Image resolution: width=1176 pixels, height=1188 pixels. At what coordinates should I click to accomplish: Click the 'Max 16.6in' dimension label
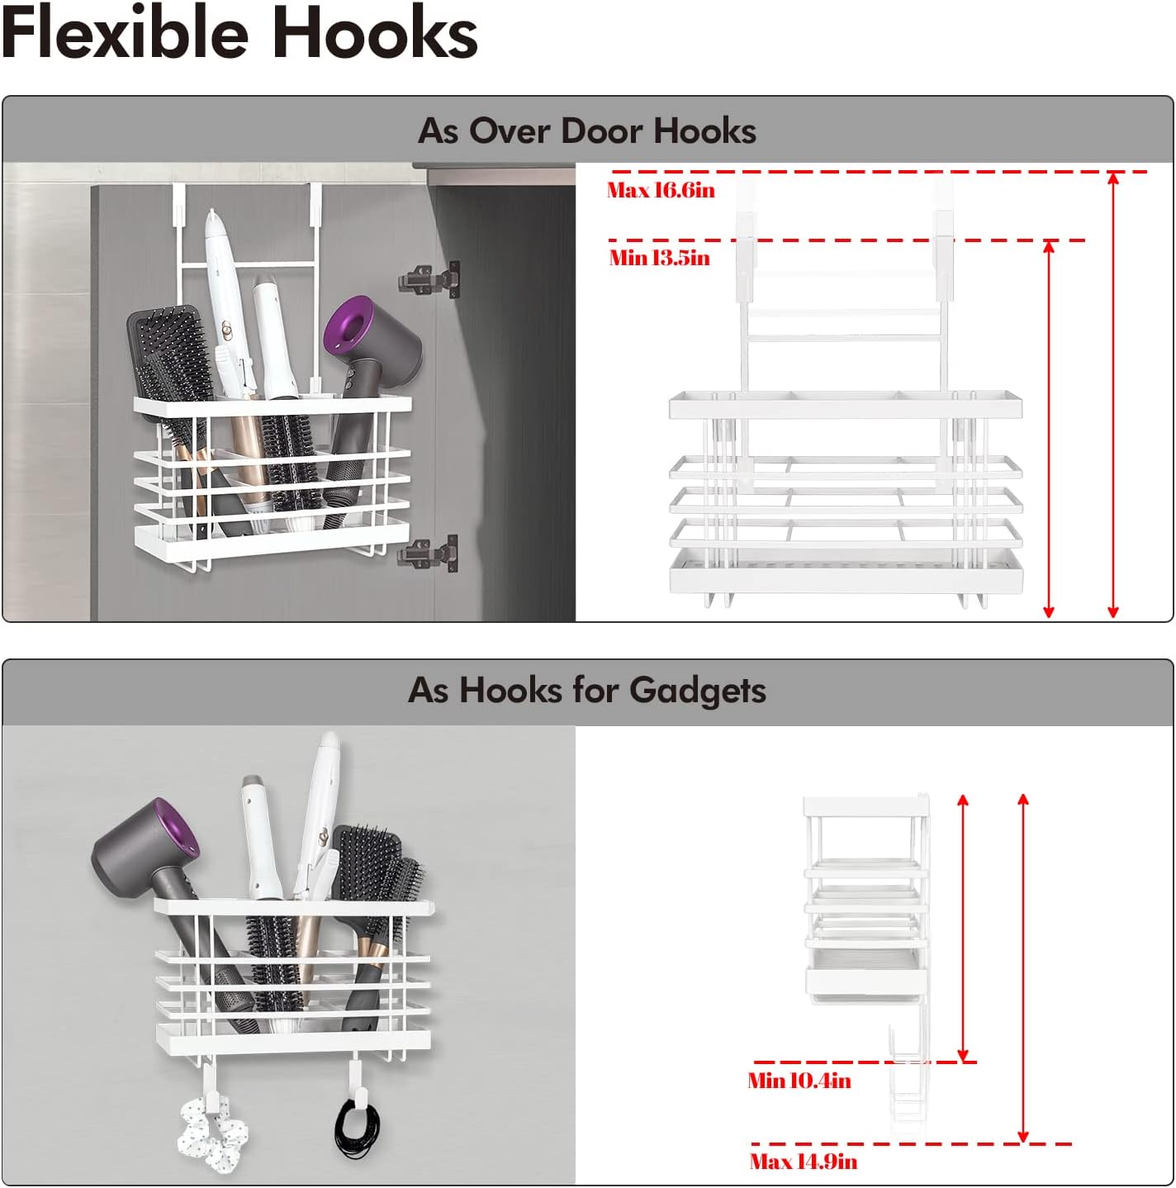661,190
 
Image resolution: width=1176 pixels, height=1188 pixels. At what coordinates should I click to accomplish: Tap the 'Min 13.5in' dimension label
660,258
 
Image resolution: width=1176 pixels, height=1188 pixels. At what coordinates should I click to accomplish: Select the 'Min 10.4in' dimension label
799,1080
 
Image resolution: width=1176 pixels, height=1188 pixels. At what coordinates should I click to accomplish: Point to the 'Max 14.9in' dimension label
804,1162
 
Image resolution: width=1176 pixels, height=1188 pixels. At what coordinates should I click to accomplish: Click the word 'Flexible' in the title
125,32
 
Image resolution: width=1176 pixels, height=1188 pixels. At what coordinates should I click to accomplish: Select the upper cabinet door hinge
430,280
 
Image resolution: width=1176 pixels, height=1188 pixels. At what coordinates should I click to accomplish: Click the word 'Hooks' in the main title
375,32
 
